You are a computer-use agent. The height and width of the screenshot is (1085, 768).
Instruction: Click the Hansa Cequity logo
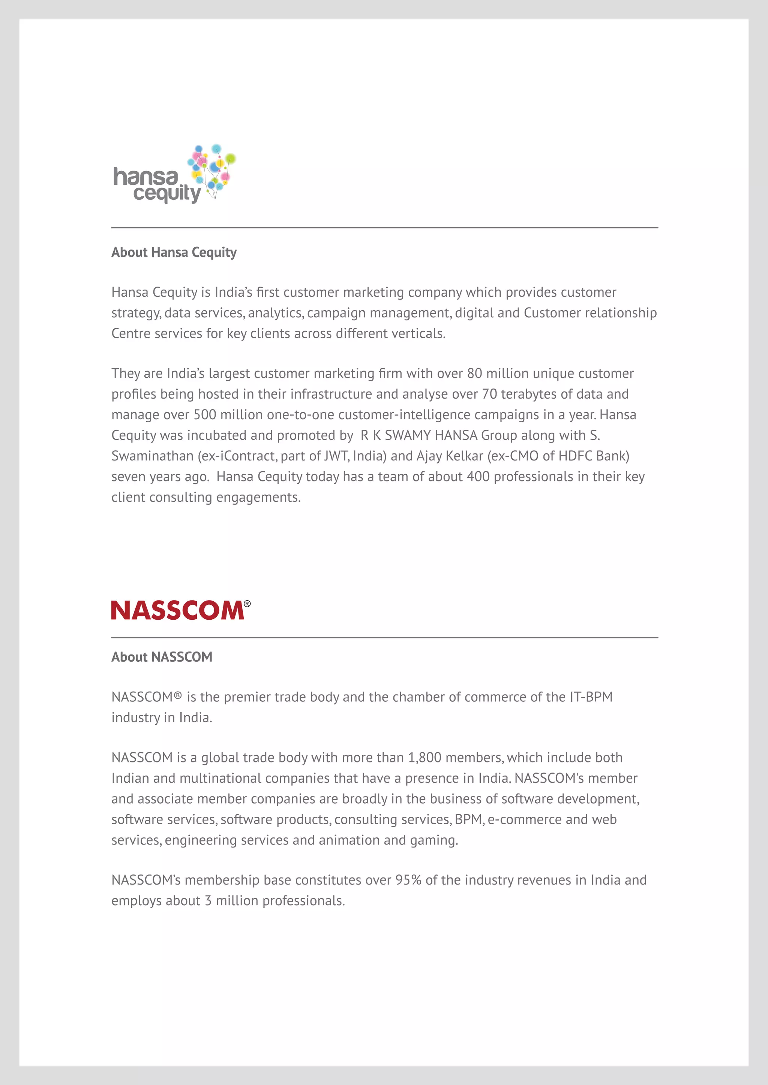click(174, 175)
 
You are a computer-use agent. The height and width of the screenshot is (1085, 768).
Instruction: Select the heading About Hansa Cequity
click(174, 253)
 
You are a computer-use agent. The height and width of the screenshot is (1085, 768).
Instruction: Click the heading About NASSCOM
click(162, 657)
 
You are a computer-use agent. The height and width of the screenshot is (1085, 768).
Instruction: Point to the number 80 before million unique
click(474, 373)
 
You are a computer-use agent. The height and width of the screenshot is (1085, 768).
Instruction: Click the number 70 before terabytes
click(489, 394)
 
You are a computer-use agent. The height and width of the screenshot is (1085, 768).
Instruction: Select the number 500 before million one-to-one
click(205, 415)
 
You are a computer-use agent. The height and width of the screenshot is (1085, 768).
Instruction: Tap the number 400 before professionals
click(478, 476)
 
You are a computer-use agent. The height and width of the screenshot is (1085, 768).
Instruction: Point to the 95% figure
click(408, 880)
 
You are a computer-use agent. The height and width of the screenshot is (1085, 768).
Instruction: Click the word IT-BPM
click(591, 697)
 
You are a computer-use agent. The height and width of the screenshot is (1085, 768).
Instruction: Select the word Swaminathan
click(152, 456)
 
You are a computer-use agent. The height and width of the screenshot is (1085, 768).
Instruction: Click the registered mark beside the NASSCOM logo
click(247, 604)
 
